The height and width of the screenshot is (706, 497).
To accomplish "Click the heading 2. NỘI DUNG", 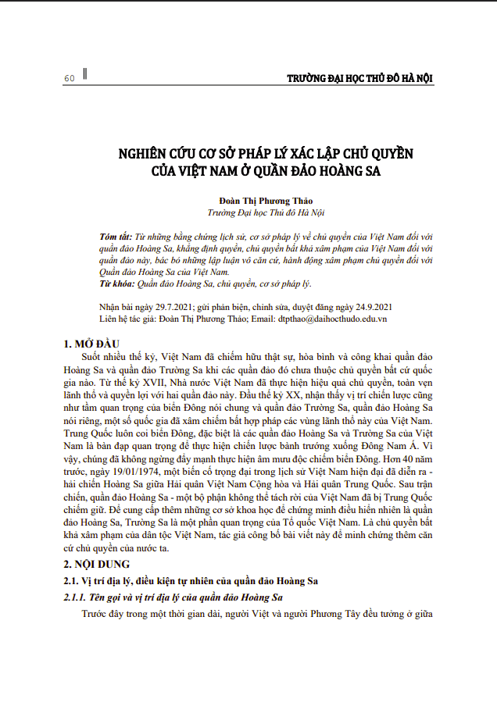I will [97, 562].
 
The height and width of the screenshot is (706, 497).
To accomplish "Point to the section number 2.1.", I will [70, 579].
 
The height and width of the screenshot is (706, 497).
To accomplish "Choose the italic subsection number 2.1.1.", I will [76, 597].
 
